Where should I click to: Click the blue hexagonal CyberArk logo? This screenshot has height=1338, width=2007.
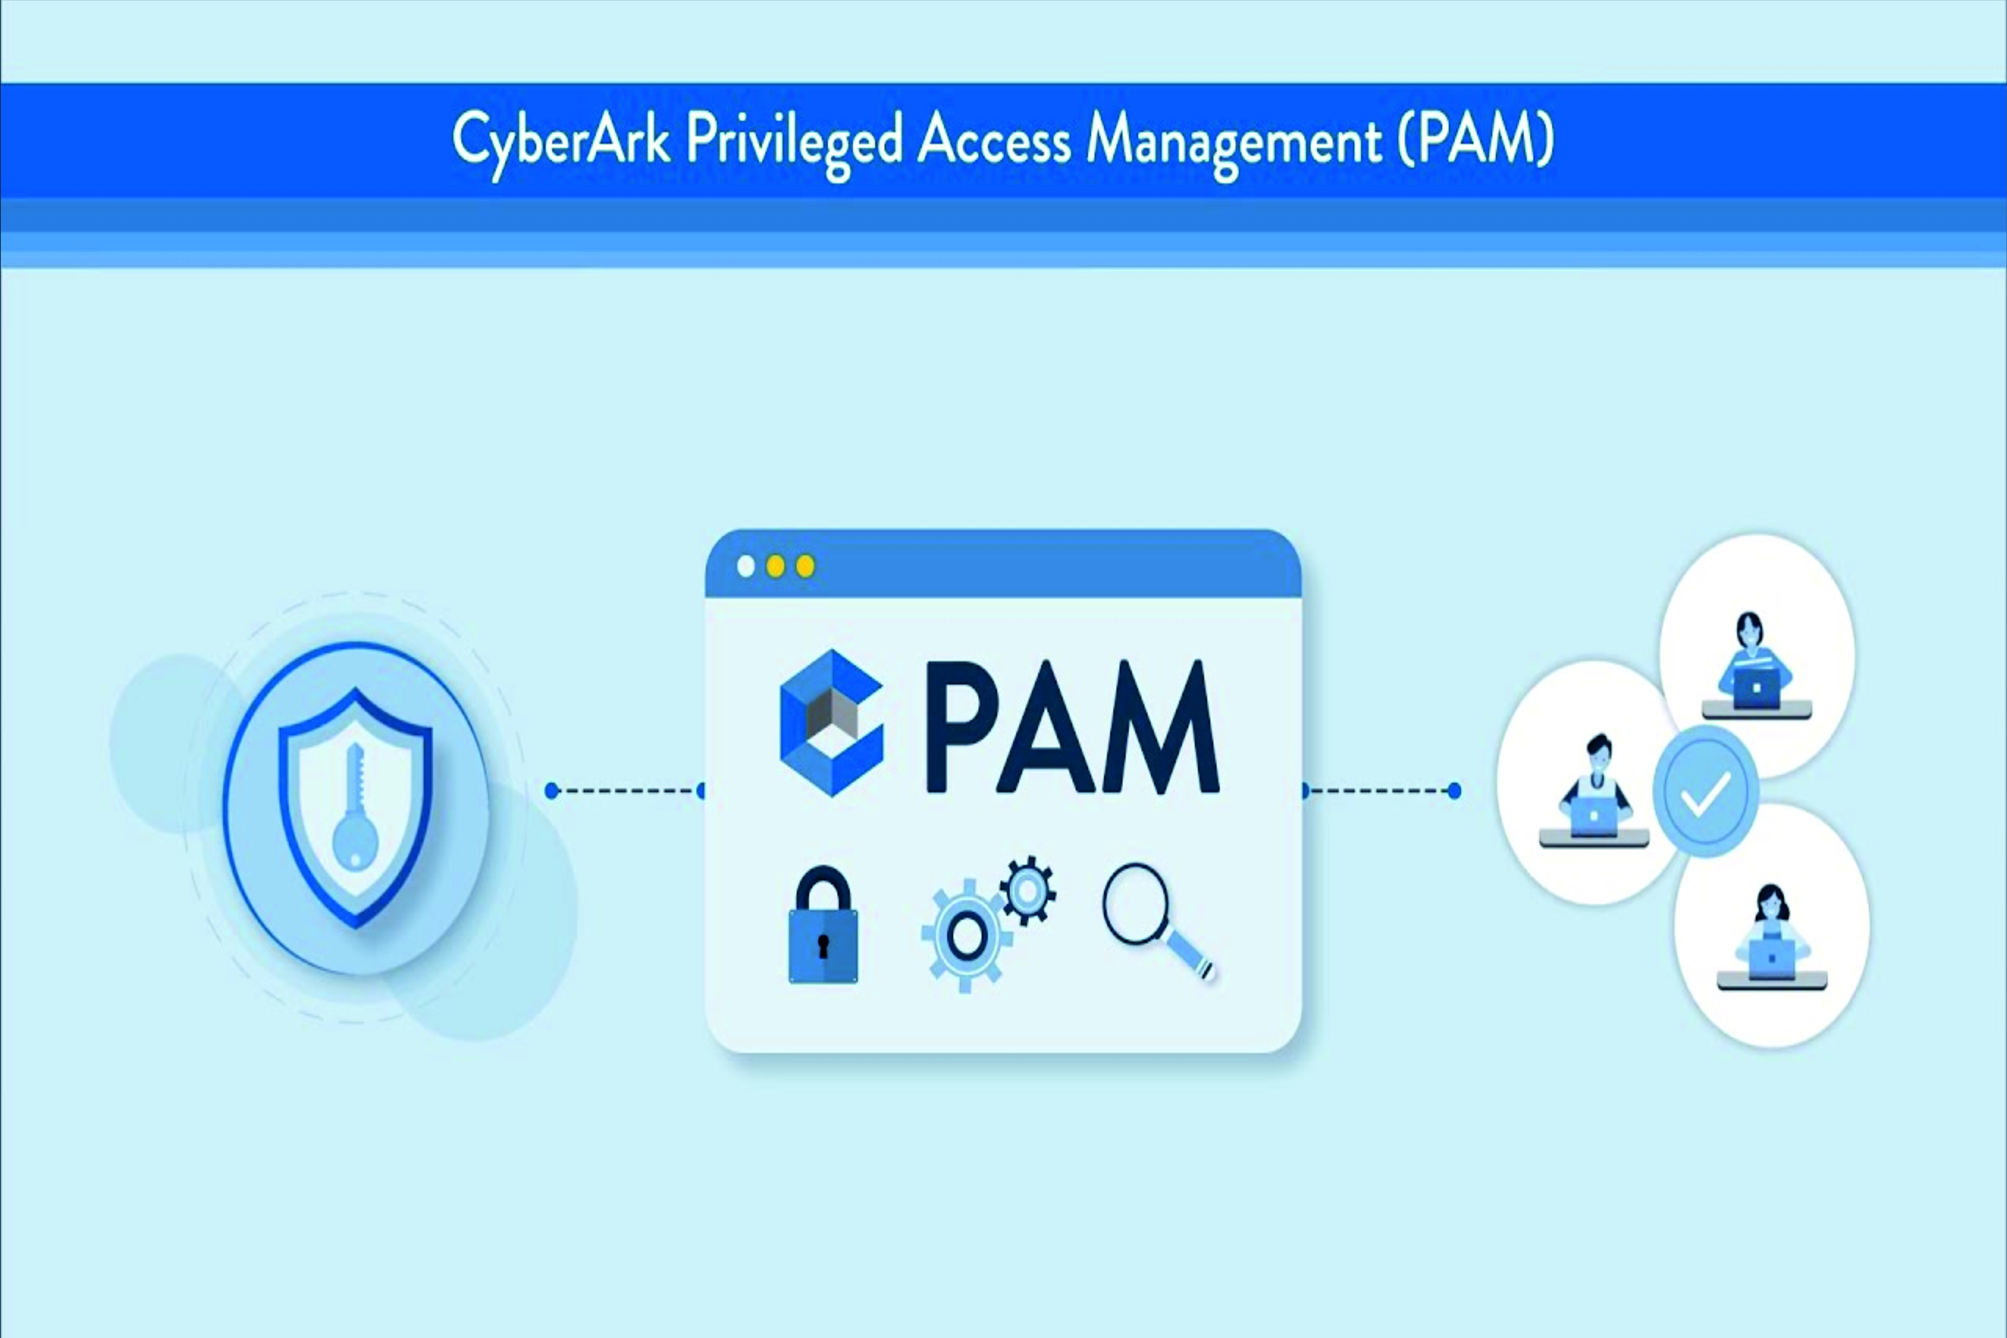(831, 723)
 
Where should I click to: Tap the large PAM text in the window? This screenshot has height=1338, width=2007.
(1072, 727)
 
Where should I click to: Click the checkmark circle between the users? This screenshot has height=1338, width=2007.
(1705, 792)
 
